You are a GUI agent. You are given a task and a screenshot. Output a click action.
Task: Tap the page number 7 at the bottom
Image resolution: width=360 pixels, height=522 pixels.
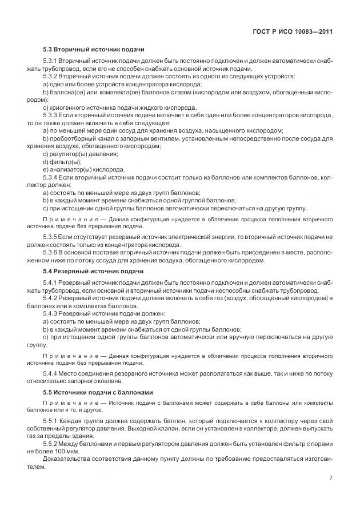pyautogui.click(x=330, y=478)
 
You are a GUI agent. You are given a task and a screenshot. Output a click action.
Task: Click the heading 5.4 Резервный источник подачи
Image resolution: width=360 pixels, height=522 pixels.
pyautogui.click(x=93, y=271)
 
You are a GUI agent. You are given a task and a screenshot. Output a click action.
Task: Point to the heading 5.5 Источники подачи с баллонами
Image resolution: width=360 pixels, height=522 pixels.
pyautogui.click(x=98, y=393)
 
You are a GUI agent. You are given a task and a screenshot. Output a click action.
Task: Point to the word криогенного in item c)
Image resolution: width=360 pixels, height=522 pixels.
pyautogui.click(x=68, y=107)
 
